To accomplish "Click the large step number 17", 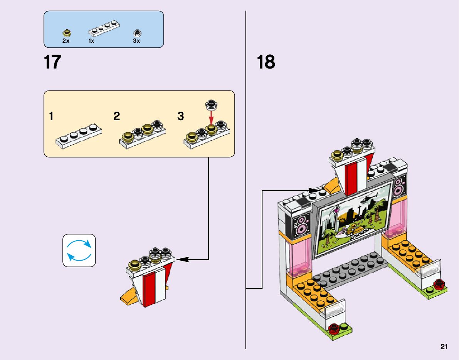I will [53, 62].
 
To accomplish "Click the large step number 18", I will [266, 62].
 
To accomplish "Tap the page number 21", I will [444, 347].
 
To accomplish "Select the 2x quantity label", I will [66, 41].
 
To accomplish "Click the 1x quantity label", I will [91, 41].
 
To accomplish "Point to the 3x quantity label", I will [136, 41].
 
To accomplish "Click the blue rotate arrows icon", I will [79, 250].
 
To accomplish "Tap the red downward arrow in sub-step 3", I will [211, 116].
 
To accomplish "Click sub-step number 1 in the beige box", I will [51, 116].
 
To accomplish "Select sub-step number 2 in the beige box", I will [117, 116].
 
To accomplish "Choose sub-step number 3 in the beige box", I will [181, 116].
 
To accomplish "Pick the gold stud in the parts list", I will [66, 32].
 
